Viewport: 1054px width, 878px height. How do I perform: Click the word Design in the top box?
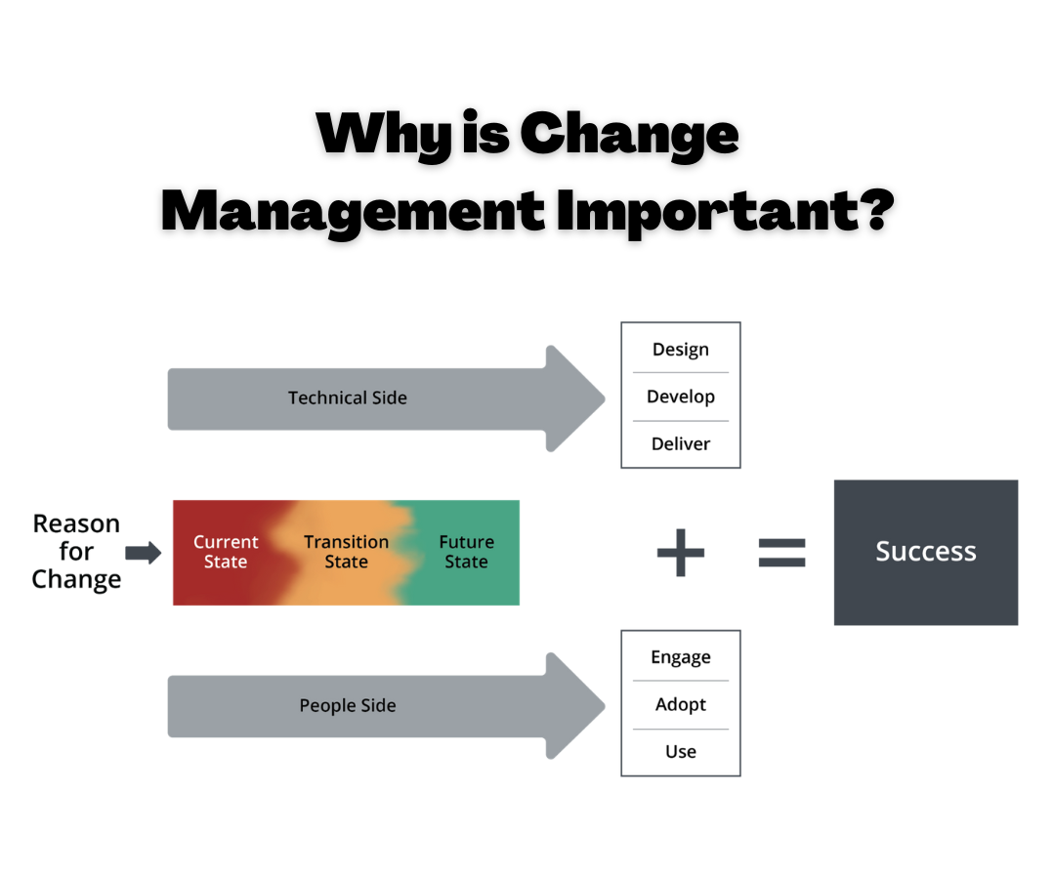[680, 350]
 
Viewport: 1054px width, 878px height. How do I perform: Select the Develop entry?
[680, 397]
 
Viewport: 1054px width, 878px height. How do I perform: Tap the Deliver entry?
[680, 443]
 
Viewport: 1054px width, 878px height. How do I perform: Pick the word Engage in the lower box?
[680, 657]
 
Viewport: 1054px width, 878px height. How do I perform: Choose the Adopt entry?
[680, 704]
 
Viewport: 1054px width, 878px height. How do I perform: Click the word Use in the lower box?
[680, 751]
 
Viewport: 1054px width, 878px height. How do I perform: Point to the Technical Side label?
[347, 397]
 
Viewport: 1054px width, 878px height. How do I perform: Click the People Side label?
[347, 705]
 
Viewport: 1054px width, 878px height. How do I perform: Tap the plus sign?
[680, 552]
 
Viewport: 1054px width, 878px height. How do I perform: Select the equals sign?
[782, 552]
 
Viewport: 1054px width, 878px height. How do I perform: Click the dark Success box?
[925, 552]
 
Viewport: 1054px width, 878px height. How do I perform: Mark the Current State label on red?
[226, 552]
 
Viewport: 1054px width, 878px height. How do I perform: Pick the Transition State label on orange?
[346, 552]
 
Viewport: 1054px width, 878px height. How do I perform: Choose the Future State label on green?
[466, 552]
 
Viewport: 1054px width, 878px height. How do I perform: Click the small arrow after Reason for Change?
[144, 553]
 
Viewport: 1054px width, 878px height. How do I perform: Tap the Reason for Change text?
[76, 551]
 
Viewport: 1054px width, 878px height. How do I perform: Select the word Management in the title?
[352, 209]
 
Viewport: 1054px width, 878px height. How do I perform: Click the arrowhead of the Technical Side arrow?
[576, 397]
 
